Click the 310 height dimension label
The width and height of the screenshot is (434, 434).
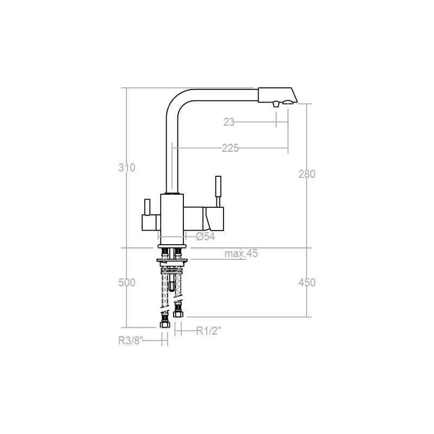tap(127, 168)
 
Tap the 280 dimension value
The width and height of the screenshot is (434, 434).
tap(307, 174)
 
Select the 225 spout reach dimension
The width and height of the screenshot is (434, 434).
tap(230, 148)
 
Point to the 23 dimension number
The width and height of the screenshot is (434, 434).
tap(229, 122)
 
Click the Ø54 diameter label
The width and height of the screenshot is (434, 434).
tap(206, 237)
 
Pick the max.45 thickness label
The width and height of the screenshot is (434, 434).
tap(241, 253)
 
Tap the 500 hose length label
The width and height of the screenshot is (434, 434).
tap(127, 283)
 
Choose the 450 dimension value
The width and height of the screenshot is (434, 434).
tap(307, 283)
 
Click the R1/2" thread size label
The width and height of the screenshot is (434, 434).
tap(209, 331)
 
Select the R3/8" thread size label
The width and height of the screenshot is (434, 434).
tap(131, 341)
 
